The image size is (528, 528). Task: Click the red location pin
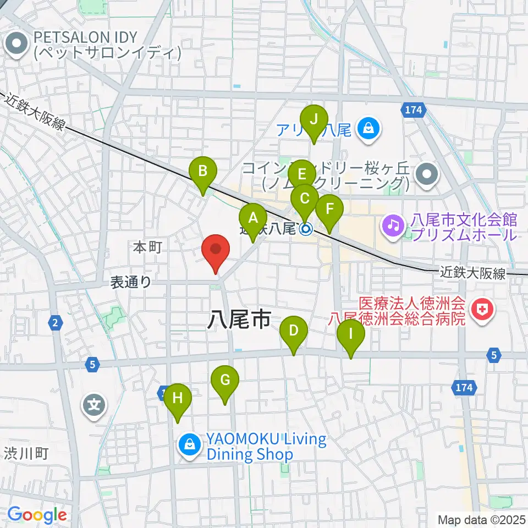pyautogui.click(x=216, y=251)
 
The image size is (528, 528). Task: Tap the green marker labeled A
pyautogui.click(x=253, y=218)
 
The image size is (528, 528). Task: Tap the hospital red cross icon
pyautogui.click(x=482, y=310)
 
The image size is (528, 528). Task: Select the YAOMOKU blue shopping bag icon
pyautogui.click(x=190, y=443)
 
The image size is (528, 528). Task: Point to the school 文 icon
pyautogui.click(x=94, y=406)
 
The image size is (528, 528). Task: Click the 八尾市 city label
pyautogui.click(x=239, y=318)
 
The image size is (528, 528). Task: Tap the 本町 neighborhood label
pyautogui.click(x=147, y=248)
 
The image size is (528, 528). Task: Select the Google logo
pyautogui.click(x=37, y=515)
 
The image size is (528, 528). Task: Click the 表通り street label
pyautogui.click(x=131, y=282)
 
